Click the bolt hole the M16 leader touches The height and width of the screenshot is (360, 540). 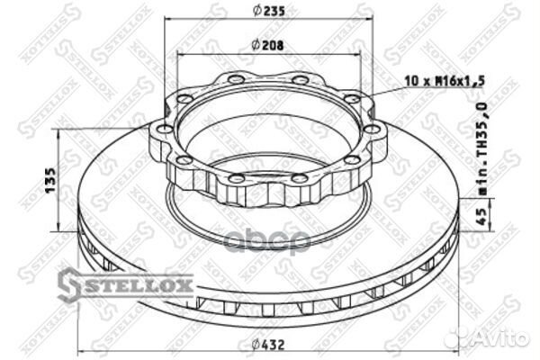click(352, 100)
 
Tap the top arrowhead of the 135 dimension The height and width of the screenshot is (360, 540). click(60, 132)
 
